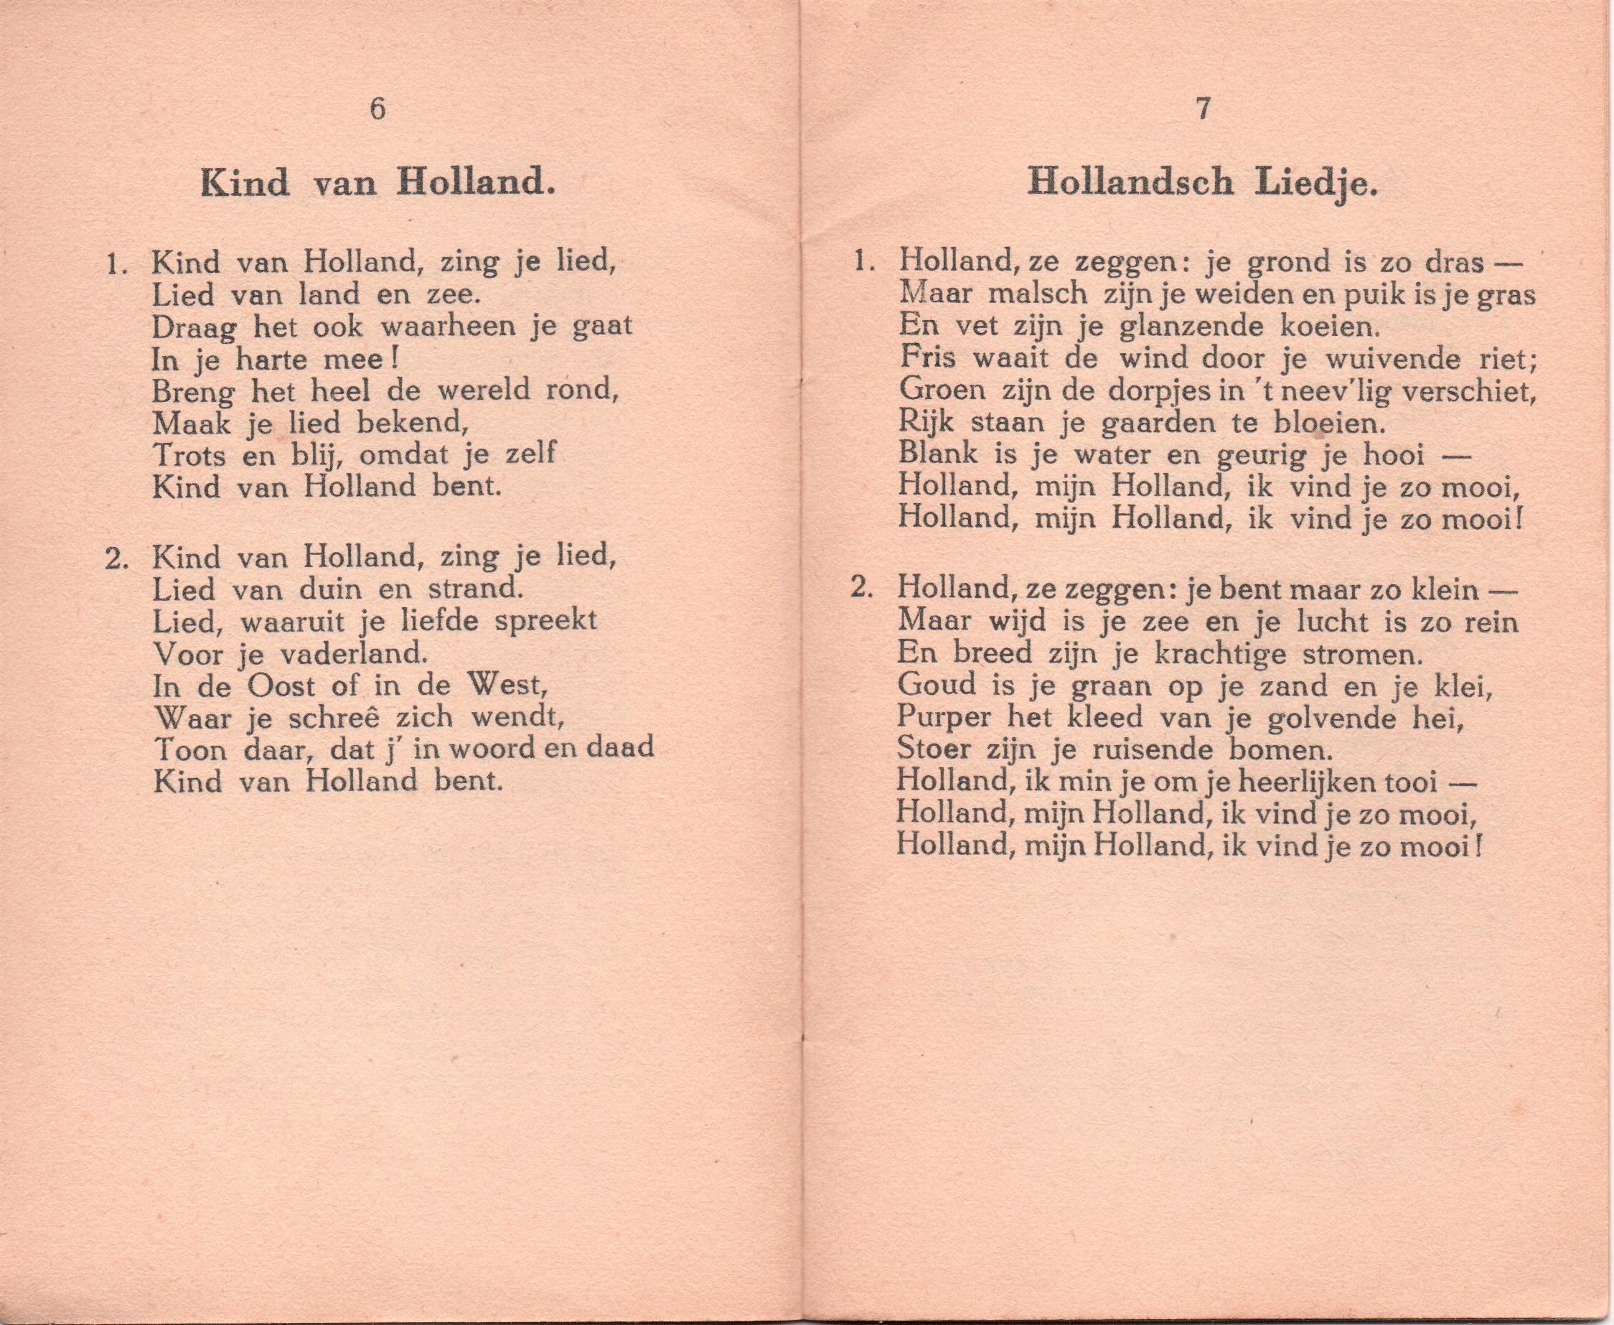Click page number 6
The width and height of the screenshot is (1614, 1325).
click(x=377, y=109)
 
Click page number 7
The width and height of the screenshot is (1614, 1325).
click(x=1203, y=109)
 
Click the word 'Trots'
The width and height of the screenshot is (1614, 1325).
click(x=189, y=455)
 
